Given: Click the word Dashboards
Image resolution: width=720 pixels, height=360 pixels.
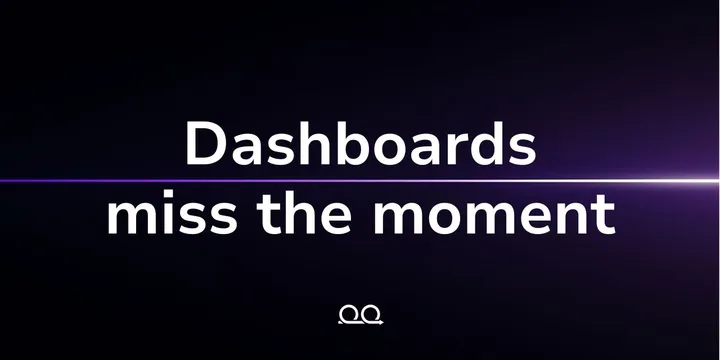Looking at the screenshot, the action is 361,143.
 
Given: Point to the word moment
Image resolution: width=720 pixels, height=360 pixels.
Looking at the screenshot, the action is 494,215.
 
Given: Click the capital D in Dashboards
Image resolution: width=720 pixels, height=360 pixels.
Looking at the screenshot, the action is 206,144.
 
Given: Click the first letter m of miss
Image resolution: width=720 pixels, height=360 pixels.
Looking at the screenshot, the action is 133,218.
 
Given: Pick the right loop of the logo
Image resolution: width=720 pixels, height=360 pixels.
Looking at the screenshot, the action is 371,314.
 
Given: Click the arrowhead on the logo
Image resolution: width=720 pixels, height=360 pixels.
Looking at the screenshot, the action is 381,322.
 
